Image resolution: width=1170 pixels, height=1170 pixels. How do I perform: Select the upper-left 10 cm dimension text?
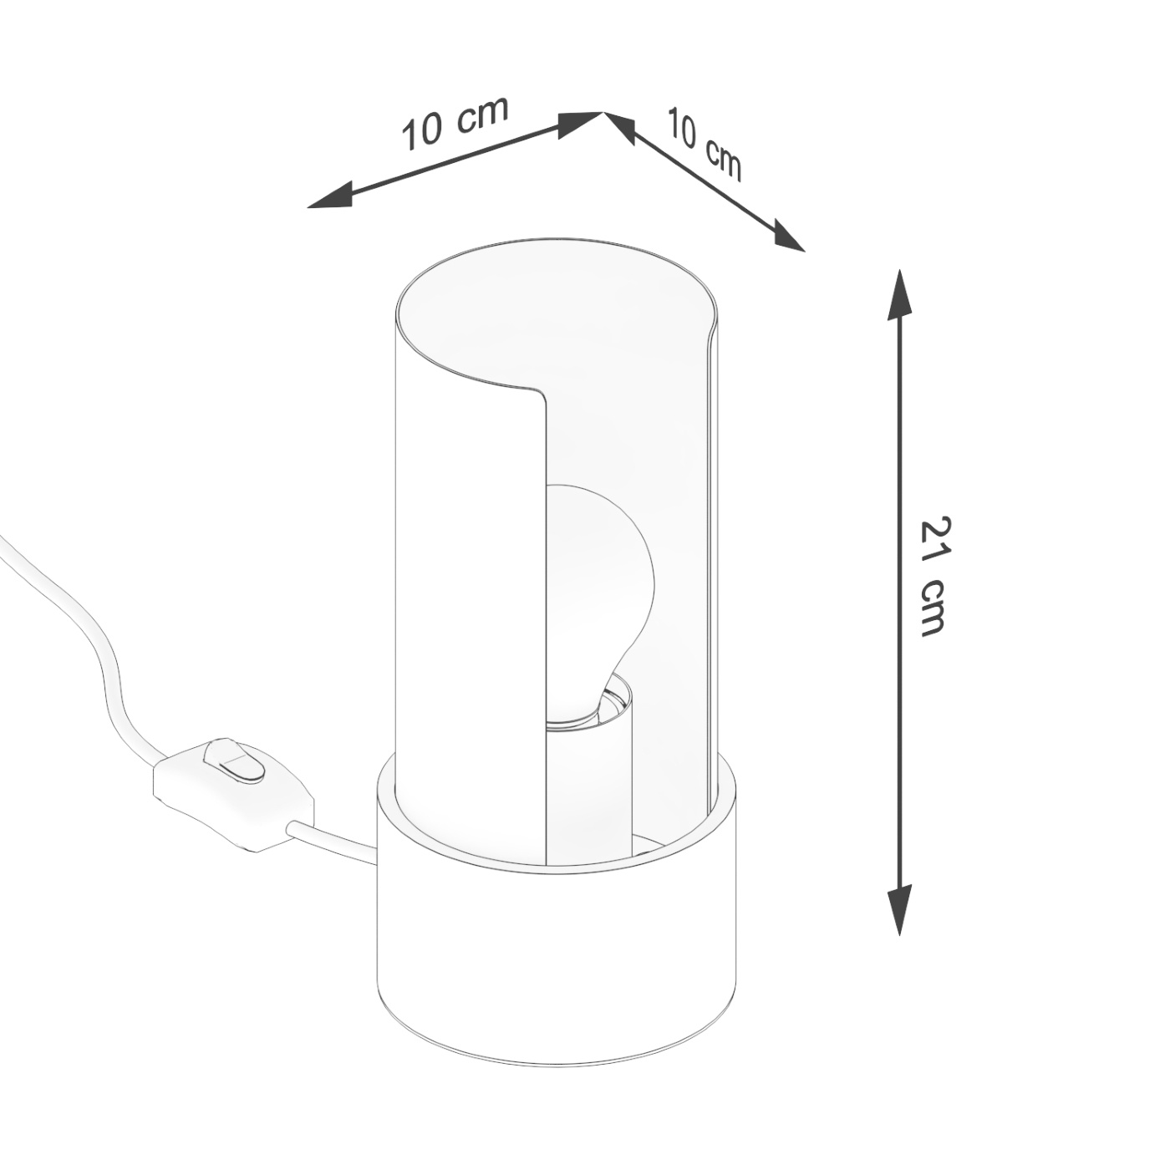[455, 124]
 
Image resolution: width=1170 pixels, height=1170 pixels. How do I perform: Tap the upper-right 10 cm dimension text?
[704, 144]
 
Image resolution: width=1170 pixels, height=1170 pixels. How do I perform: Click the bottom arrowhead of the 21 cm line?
[899, 911]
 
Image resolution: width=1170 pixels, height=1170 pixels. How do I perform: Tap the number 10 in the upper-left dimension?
[422, 134]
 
